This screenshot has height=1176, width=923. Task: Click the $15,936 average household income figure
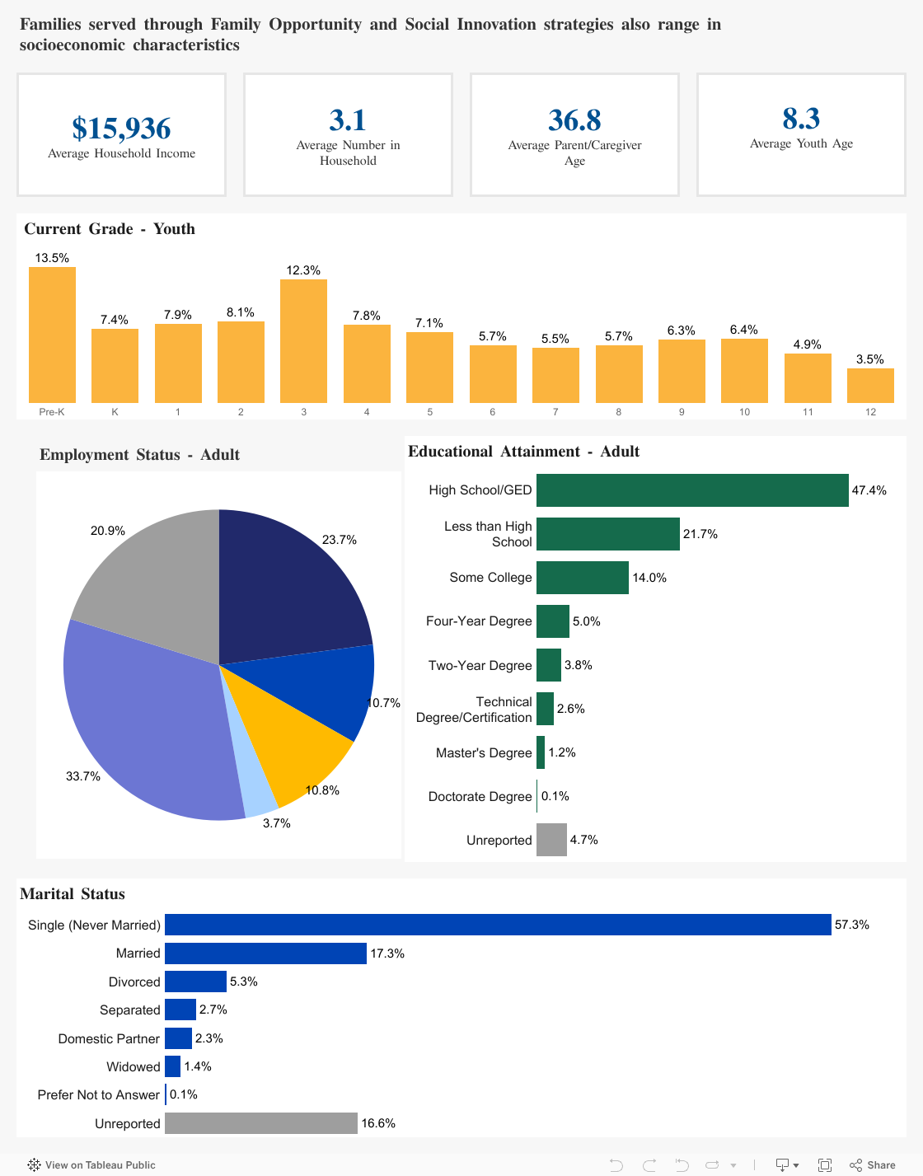(121, 129)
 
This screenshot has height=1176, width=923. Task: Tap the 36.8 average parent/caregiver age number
(574, 120)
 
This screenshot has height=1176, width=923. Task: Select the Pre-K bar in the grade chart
(52, 335)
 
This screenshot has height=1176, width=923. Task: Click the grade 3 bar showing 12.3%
(303, 340)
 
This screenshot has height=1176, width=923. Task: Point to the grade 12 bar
(870, 386)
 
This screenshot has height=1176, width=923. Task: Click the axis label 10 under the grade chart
(744, 412)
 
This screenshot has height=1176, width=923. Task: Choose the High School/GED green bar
(692, 490)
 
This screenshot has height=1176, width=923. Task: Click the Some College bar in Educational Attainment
(582, 578)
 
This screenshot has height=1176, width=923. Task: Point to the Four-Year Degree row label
(479, 621)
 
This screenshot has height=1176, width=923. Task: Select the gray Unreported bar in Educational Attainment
(551, 840)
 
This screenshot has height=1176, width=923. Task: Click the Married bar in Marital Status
(265, 953)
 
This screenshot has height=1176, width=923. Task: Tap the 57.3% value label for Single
(851, 925)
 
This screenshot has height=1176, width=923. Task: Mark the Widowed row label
(134, 1067)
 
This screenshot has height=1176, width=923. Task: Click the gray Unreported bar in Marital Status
(261, 1123)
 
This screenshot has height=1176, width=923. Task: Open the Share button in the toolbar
(873, 1164)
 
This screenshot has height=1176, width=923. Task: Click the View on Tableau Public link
(92, 1164)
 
